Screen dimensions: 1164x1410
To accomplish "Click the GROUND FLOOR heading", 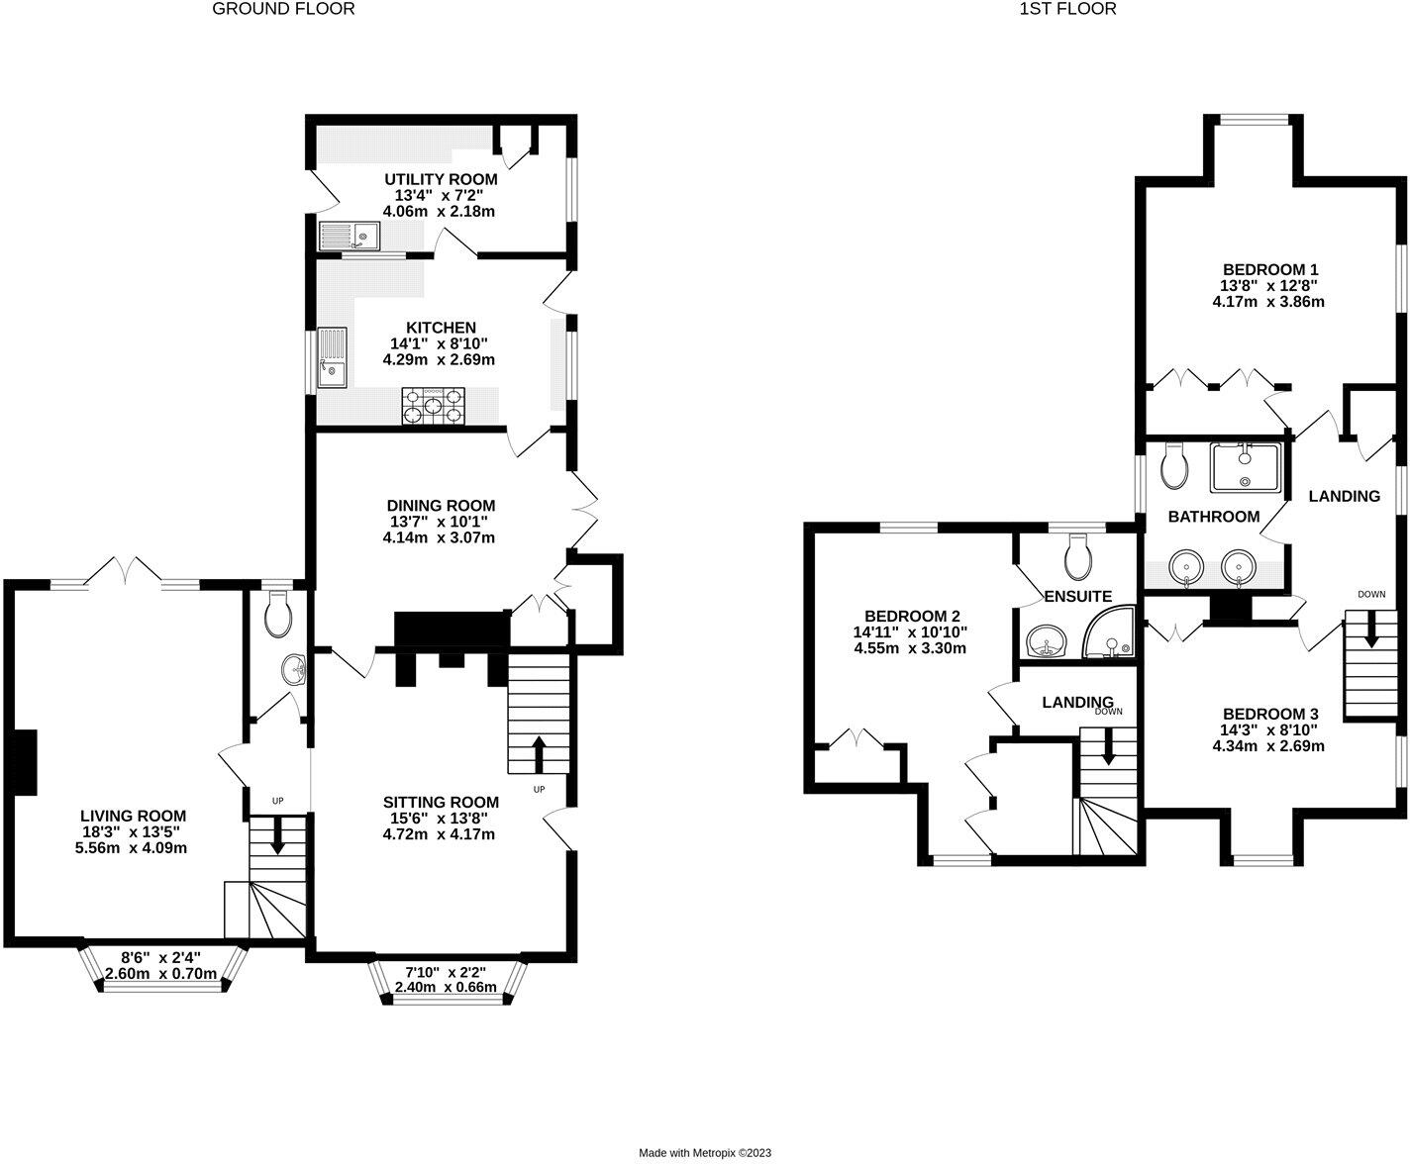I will [283, 9].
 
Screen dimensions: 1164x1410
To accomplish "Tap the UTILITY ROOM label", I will [441, 179].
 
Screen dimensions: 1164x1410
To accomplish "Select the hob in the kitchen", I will [433, 405].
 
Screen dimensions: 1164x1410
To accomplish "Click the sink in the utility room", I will [350, 237].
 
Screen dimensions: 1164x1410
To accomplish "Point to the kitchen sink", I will [332, 358].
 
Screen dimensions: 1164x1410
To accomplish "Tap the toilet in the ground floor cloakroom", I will [278, 616].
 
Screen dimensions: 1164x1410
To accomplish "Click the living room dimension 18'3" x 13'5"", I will [133, 831].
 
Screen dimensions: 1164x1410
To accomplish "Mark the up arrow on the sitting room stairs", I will [540, 753].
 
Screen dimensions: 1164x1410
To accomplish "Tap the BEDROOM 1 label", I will [1269, 269].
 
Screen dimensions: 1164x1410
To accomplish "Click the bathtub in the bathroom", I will [1245, 466].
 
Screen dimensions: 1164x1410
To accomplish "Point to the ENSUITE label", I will [1077, 596].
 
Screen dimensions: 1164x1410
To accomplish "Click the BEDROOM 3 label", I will [1269, 714].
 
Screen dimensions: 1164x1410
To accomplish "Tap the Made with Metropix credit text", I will [704, 1152].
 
